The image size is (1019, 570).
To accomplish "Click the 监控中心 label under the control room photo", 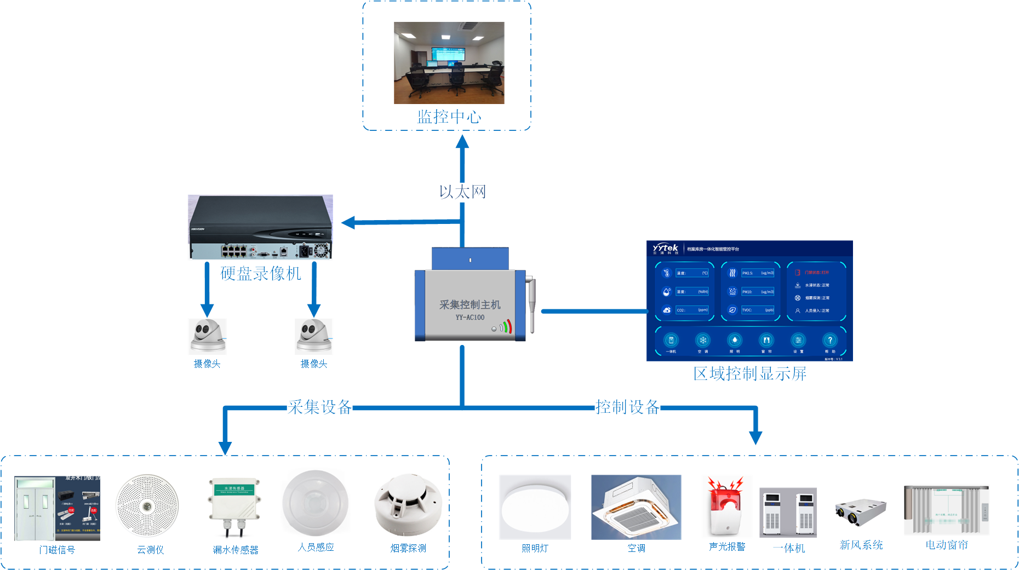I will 449,117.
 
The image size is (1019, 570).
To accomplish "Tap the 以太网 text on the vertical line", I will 462,192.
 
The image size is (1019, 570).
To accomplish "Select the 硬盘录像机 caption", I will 261,273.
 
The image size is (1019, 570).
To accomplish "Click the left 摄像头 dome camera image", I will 208,336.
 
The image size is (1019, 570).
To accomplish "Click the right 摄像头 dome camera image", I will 314,336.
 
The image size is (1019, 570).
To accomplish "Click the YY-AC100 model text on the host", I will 470,318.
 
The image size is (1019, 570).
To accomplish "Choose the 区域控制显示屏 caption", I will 749,373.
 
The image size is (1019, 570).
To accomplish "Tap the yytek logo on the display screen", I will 666,249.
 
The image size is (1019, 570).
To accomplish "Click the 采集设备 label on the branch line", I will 320,407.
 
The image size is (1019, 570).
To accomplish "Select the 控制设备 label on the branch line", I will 627,407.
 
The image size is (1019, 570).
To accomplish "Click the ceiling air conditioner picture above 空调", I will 636,507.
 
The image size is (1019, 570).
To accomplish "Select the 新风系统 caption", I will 861,545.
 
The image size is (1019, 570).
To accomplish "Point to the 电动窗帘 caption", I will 947,545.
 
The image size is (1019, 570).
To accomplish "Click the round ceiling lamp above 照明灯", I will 535,507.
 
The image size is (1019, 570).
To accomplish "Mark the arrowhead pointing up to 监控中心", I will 462,142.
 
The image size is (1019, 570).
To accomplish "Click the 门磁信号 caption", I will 57,550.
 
